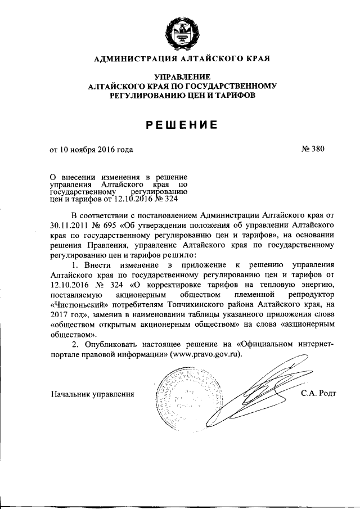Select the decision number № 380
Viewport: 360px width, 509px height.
point(314,150)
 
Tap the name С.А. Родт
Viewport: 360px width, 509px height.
point(318,394)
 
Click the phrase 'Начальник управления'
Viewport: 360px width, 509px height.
point(92,394)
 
